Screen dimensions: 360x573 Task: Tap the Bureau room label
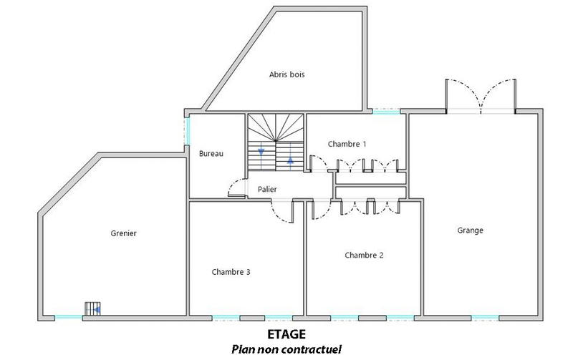[x=211, y=153]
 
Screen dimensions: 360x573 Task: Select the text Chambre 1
[x=347, y=144]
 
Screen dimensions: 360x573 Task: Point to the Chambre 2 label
[x=364, y=255]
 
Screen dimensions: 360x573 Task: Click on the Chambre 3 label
[x=231, y=271]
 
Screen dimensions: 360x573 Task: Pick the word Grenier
[x=123, y=233]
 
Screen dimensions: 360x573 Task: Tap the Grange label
[x=470, y=230]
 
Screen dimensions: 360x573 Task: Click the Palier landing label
[x=267, y=190]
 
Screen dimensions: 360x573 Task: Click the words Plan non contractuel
[x=286, y=349]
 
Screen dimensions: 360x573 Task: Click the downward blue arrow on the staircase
[x=261, y=151]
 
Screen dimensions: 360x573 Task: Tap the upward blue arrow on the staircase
[x=290, y=160]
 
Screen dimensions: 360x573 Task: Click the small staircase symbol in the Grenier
[x=92, y=308]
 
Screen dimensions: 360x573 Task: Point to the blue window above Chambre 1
[x=385, y=112]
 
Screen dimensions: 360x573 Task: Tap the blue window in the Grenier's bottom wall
[x=69, y=317]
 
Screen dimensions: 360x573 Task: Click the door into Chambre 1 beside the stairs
[x=317, y=165]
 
